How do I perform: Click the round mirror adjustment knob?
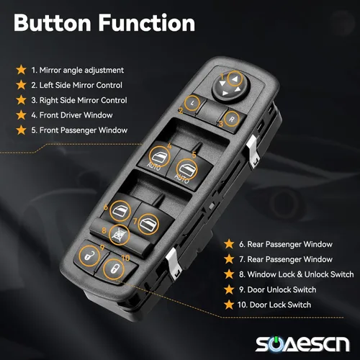pos(231,86)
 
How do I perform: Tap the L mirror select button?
pos(192,104)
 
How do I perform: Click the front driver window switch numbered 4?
pos(159,157)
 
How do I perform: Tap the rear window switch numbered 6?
pos(120,211)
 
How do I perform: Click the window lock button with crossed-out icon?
pos(120,235)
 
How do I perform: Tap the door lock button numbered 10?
pos(114,269)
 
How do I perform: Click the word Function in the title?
pos(147,23)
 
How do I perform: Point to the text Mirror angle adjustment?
pos(81,71)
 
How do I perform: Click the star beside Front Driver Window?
pos(21,115)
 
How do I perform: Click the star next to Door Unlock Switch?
pos(229,289)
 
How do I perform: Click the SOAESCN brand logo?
pos(302,344)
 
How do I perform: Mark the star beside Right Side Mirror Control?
pos(21,100)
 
